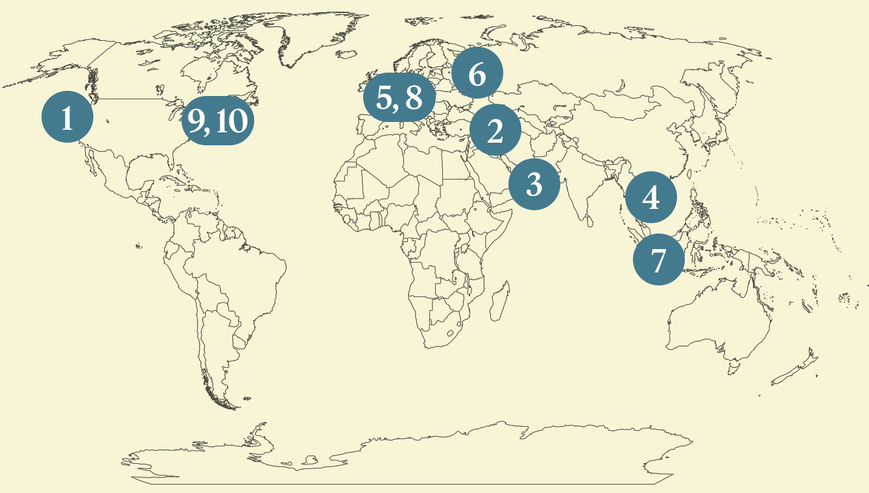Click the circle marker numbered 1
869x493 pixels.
click(67, 117)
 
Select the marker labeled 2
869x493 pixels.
click(495, 132)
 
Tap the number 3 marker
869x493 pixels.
click(534, 184)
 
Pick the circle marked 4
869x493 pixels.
click(650, 197)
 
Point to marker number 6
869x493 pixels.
click(477, 74)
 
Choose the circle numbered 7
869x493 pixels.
click(658, 260)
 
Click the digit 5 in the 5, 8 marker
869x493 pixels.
click(385, 99)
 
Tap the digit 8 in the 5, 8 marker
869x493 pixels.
click(413, 99)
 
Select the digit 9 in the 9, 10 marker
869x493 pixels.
click(197, 121)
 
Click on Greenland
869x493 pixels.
click(311, 39)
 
